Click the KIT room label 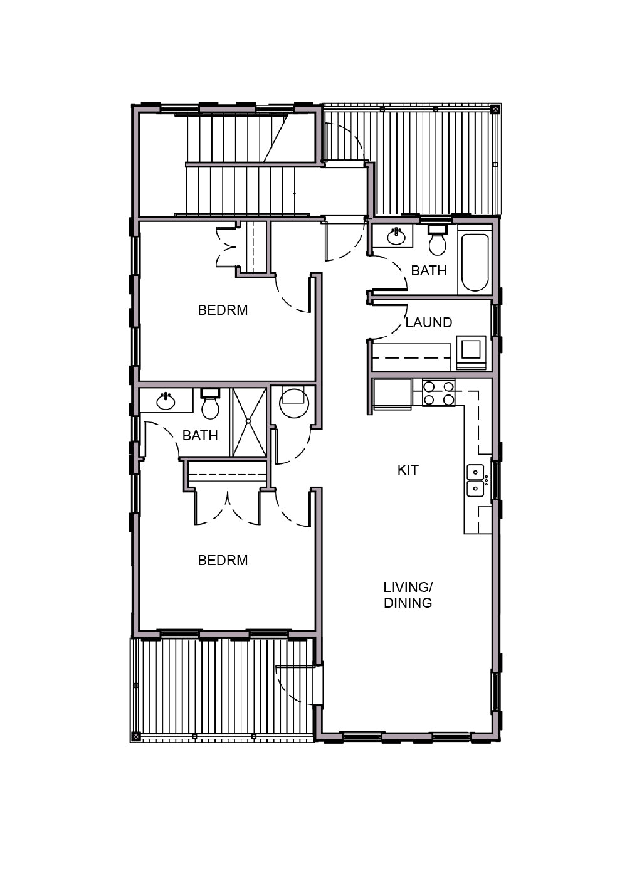click(x=408, y=470)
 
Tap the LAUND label click(x=429, y=322)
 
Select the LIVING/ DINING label click(x=408, y=595)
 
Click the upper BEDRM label click(x=223, y=310)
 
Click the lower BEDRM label click(x=223, y=560)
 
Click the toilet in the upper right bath click(x=438, y=240)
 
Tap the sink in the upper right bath click(x=396, y=236)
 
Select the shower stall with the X click(x=249, y=421)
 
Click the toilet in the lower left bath click(x=210, y=404)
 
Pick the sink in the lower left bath click(x=166, y=401)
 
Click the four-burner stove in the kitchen click(x=438, y=393)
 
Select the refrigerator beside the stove click(x=393, y=394)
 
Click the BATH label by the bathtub click(x=429, y=270)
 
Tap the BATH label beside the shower click(x=200, y=435)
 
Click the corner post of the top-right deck click(x=495, y=108)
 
